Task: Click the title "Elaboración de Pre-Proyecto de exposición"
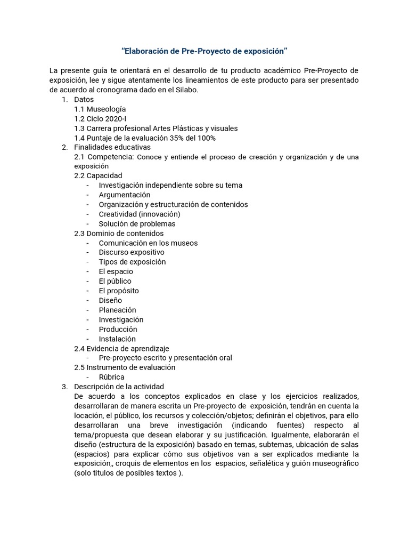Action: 204,51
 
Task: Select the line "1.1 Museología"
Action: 100,109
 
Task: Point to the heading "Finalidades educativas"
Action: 112,147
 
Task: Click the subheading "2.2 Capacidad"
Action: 98,175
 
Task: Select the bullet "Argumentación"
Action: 125,195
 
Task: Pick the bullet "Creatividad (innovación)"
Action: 140,214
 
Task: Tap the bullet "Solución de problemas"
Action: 137,224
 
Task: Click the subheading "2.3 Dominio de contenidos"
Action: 119,233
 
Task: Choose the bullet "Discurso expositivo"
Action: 132,252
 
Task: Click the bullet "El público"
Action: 115,281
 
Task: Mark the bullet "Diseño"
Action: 110,300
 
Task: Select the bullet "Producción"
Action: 118,329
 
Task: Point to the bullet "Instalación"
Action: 117,339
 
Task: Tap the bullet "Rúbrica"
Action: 111,377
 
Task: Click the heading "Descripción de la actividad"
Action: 119,387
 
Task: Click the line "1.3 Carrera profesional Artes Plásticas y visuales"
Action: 156,128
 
